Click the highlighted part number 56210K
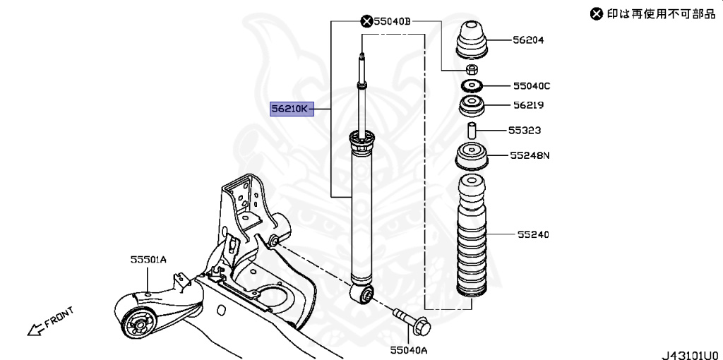point(290,109)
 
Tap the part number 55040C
point(532,86)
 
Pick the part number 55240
point(532,234)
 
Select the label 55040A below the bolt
point(407,349)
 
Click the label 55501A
point(148,260)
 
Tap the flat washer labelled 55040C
point(470,86)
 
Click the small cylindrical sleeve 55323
point(470,131)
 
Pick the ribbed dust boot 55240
point(470,240)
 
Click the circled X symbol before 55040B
point(367,22)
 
